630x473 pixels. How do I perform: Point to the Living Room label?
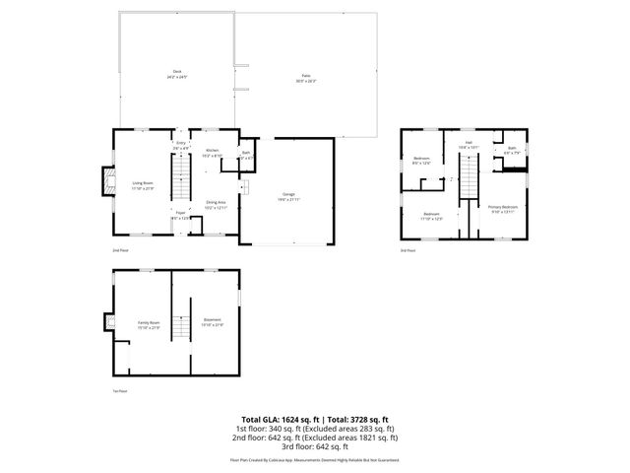[144, 182]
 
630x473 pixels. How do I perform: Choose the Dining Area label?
[216, 204]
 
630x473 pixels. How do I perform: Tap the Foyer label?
[180, 213]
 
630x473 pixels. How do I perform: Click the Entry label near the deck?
[180, 145]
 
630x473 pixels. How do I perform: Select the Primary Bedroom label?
[503, 208]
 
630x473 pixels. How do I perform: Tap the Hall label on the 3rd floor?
[470, 144]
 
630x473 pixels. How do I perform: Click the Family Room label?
[149, 325]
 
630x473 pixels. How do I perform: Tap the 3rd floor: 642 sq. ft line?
[315, 445]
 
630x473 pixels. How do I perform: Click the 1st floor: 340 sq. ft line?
[315, 428]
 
